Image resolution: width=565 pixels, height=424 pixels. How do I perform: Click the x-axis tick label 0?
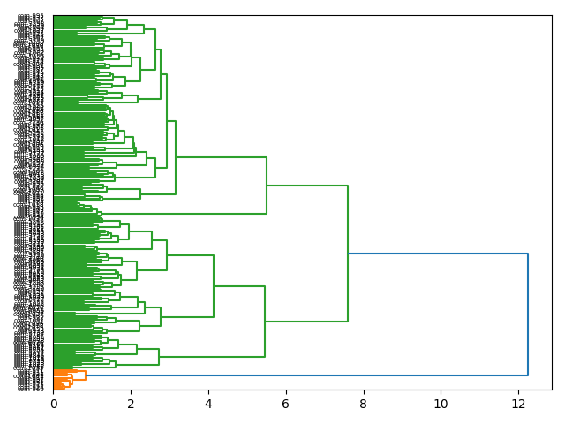pyautogui.click(x=53, y=404)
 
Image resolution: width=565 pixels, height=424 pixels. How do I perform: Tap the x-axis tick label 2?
pyautogui.click(x=131, y=404)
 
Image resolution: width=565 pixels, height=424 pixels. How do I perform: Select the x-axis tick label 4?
pyautogui.click(x=208, y=404)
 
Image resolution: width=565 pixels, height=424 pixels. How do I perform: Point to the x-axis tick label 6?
pyautogui.click(x=285, y=404)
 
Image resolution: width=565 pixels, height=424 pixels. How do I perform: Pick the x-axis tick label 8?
pyautogui.click(x=363, y=404)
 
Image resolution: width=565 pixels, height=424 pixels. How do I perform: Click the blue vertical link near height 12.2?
pyautogui.click(x=528, y=314)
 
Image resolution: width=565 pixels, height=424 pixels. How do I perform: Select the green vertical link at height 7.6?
pyautogui.click(x=348, y=254)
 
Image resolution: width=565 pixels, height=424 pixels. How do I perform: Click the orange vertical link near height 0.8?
pyautogui.click(x=85, y=375)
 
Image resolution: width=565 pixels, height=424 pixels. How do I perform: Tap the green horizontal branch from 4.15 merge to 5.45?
pyautogui.click(x=239, y=286)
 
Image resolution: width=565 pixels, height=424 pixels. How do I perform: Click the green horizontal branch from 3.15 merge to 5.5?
pyautogui.click(x=221, y=157)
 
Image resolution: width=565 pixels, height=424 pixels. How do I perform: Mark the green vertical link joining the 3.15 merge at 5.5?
pyautogui.click(x=267, y=185)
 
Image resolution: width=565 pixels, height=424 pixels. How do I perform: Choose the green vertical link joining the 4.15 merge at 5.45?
pyautogui.click(x=265, y=322)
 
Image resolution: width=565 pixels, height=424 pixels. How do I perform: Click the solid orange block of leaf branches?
pyautogui.click(x=58, y=380)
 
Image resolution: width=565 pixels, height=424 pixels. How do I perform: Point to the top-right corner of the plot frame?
pyautogui.click(x=552, y=15)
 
